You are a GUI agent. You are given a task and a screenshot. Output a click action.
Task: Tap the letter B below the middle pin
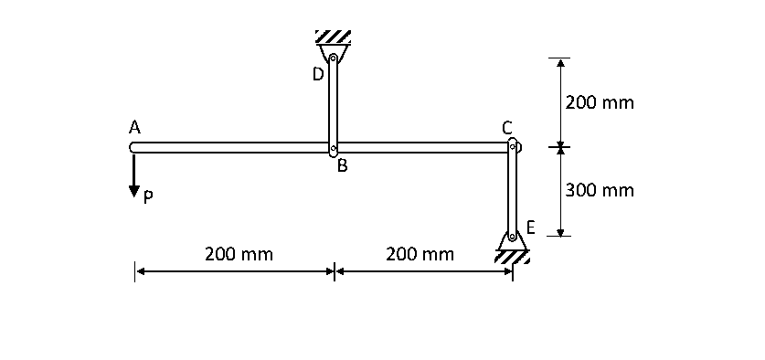point(342,166)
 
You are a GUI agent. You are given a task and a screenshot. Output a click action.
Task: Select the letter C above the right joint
point(507,127)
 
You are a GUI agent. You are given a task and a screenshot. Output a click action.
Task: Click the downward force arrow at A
point(134,174)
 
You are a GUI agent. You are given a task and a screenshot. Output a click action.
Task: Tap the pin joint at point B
point(334,148)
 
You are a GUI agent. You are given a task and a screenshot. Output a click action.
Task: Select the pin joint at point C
point(513,146)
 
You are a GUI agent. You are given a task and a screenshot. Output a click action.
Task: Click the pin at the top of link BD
point(334,59)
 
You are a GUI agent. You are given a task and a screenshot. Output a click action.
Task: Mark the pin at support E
point(512,237)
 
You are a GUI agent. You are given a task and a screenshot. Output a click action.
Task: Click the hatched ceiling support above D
point(334,37)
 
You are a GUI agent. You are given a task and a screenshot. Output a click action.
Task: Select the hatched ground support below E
point(512,258)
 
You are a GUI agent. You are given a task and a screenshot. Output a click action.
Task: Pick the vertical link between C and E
point(513,192)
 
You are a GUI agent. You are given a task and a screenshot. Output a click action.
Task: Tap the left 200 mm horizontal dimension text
point(239,253)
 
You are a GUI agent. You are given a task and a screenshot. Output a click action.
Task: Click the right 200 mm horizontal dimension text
point(420,253)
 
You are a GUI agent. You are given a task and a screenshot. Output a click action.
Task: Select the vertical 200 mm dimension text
point(600,102)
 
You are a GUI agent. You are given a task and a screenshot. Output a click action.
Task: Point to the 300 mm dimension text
point(600,190)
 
